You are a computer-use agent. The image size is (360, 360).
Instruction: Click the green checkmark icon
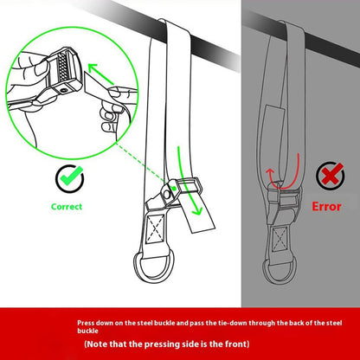70,178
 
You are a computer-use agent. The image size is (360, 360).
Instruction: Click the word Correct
67,207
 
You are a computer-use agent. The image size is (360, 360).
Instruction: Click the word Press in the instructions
87,320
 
